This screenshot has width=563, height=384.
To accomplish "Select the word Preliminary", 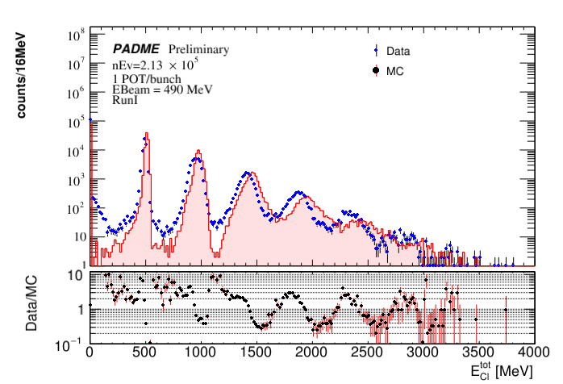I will [x=198, y=49].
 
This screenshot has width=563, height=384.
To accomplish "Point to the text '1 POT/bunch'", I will [x=147, y=78].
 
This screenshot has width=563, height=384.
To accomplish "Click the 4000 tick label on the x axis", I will [x=533, y=353].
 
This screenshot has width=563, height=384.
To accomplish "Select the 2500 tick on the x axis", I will [x=367, y=353].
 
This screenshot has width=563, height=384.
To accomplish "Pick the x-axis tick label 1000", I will [x=200, y=353].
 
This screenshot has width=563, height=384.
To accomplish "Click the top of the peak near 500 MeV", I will [x=146, y=133].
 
